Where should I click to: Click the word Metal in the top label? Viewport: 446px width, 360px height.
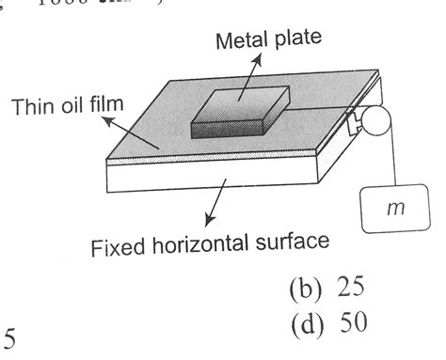[x=240, y=40]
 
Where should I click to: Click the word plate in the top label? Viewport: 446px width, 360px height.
[x=299, y=40]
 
